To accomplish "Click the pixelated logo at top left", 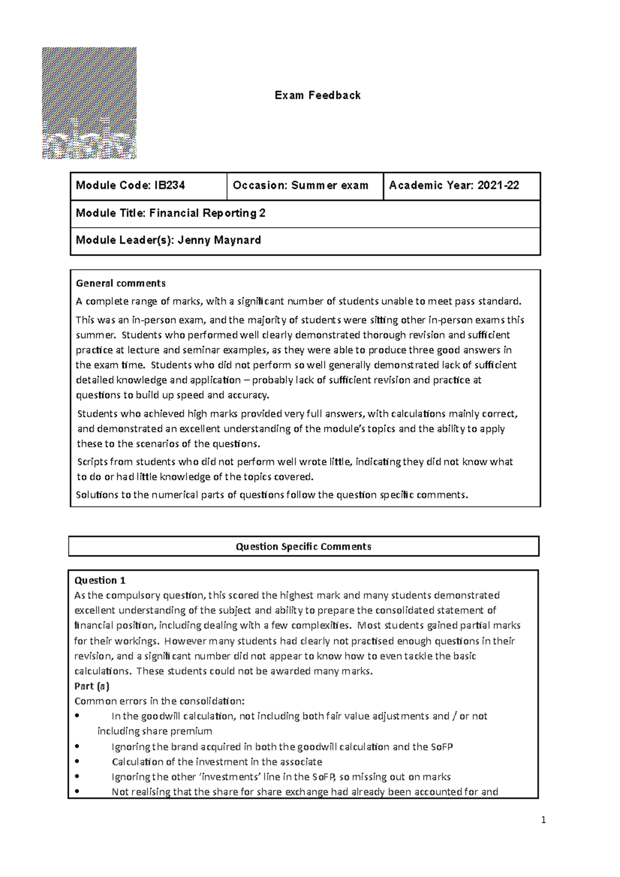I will point(89,103).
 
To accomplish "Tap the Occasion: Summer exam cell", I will point(300,185).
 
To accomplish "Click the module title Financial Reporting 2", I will point(207,213).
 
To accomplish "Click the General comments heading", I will point(120,283).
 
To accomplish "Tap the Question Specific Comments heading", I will point(303,546).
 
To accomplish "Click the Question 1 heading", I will point(100,580).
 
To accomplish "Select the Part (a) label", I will point(92,686).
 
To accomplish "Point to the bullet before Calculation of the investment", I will point(77,762).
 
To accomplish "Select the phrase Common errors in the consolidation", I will point(159,701).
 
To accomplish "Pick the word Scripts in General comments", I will point(91,462).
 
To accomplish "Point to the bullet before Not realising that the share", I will point(77,792).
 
